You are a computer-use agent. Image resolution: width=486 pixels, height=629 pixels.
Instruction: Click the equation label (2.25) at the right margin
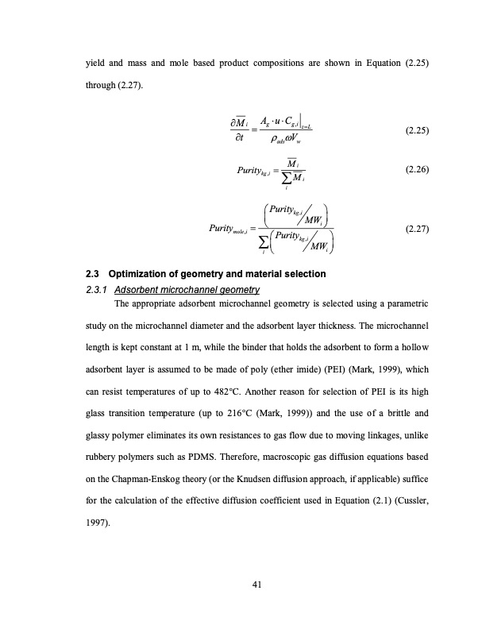click(x=417, y=132)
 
